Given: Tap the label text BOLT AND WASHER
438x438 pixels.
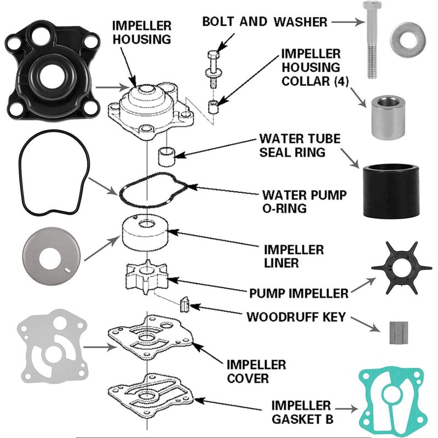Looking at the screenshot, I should click(264, 22).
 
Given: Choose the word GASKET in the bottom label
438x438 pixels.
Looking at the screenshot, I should click(296, 420).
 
